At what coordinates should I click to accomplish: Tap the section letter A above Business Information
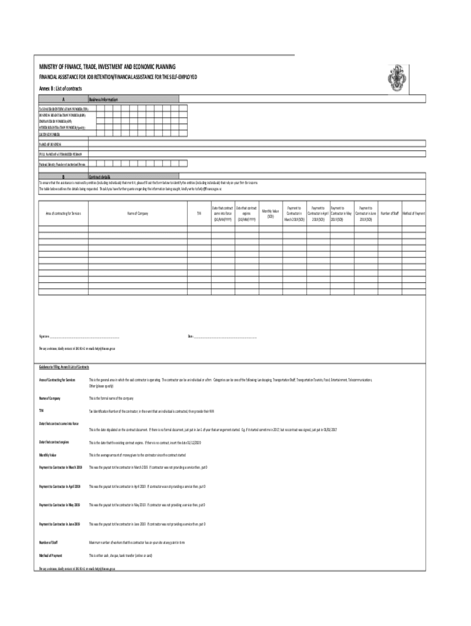tap(63, 99)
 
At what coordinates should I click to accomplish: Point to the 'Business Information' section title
tap(103, 99)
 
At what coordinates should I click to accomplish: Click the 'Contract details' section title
tap(100, 177)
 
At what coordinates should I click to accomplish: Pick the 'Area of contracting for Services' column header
tap(64, 213)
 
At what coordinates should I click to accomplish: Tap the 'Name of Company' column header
tap(138, 213)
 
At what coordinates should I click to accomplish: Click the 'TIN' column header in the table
tap(198, 213)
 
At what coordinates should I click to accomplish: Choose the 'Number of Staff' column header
tap(390, 213)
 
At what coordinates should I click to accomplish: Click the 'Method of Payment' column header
tap(414, 213)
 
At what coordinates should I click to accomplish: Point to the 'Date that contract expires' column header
tap(247, 213)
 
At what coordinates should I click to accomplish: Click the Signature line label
tap(45, 336)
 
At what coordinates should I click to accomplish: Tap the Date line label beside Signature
tap(190, 336)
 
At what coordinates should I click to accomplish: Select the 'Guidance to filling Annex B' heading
tap(64, 367)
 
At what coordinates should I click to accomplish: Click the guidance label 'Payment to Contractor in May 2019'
tap(60, 506)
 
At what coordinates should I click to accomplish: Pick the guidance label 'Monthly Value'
tap(49, 455)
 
